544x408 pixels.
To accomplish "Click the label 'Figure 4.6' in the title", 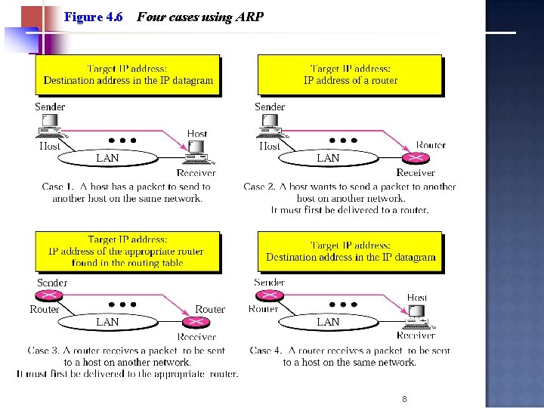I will [94, 17].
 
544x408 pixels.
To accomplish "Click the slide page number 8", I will [405, 399].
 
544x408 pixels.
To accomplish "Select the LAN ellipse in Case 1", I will [107, 158].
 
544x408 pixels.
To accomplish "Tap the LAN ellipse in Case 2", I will [328, 158].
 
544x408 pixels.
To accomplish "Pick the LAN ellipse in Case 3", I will [107, 322].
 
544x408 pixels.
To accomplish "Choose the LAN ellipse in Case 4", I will [328, 322].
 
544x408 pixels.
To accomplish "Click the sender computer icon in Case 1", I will [51, 125].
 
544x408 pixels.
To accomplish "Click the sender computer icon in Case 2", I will [270, 125].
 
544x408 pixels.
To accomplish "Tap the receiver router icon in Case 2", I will [416, 158].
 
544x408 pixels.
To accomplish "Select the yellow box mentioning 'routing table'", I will [127, 252].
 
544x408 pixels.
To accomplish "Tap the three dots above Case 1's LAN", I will [122, 140].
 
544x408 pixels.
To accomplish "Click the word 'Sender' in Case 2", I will [270, 107].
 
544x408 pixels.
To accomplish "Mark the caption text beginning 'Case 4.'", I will [349, 356].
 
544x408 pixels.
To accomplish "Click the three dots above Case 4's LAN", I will [343, 304].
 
